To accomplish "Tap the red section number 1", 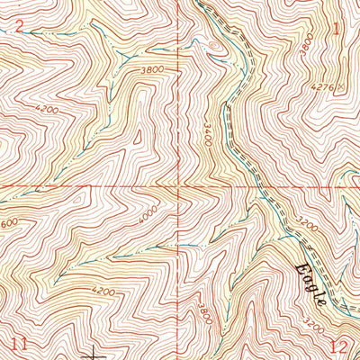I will pyautogui.click(x=337, y=29).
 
